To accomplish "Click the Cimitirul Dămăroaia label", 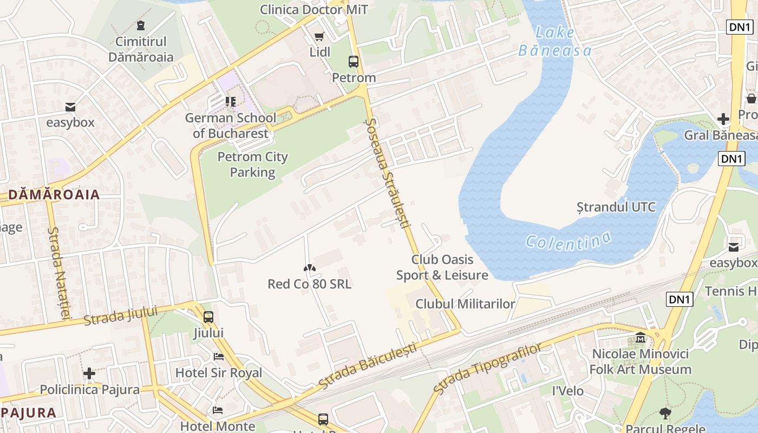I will pyautogui.click(x=141, y=49).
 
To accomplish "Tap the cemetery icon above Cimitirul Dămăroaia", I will pyautogui.click(x=141, y=25).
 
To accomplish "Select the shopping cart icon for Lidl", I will pyautogui.click(x=319, y=36).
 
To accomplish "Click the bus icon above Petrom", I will pyautogui.click(x=354, y=62).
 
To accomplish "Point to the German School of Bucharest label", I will pyautogui.click(x=231, y=126).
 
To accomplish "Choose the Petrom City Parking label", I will pyautogui.click(x=252, y=165).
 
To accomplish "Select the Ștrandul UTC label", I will pyautogui.click(x=616, y=207).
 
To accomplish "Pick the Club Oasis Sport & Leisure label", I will pyautogui.click(x=442, y=267).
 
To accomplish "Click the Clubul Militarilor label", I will pyautogui.click(x=465, y=304).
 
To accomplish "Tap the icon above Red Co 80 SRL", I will pyautogui.click(x=309, y=267).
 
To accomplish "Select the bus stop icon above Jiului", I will pyautogui.click(x=208, y=317).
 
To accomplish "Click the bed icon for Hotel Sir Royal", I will pyautogui.click(x=218, y=357).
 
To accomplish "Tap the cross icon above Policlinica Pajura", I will pyautogui.click(x=89, y=373).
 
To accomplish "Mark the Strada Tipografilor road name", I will pyautogui.click(x=487, y=368).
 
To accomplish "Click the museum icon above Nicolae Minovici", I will pyautogui.click(x=641, y=338).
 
